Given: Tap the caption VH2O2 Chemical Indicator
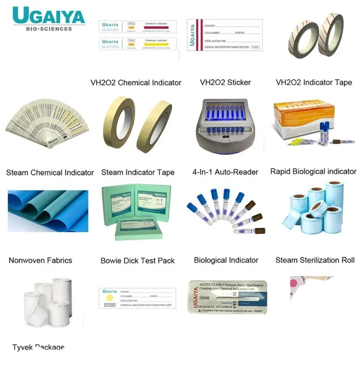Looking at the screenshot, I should [136, 83].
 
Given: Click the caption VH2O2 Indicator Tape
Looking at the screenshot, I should [313, 82].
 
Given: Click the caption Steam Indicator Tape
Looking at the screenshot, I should [138, 172].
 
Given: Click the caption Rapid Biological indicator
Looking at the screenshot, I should [313, 172].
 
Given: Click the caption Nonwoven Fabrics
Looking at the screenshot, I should [40, 260].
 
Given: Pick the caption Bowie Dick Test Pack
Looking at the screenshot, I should [138, 261].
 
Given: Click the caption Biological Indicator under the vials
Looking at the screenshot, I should [226, 260].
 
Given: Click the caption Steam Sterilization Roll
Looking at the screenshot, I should [314, 260].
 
